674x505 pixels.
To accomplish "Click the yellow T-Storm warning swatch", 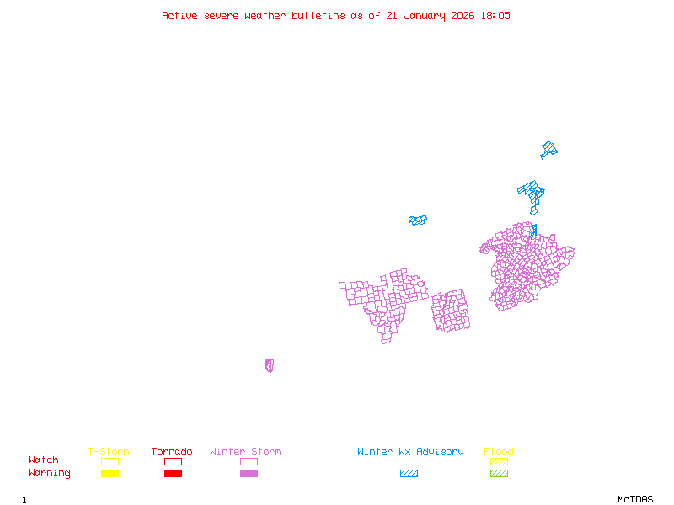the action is pos(110,473).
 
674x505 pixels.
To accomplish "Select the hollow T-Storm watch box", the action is pos(110,461).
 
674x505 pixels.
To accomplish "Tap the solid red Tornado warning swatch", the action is pos(173,473).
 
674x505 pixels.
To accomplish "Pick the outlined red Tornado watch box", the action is pos(173,461).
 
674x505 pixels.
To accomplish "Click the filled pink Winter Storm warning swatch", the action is pos(249,473).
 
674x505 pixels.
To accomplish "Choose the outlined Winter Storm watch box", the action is pos(249,461).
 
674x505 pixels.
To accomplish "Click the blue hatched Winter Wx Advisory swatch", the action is pos(409,473).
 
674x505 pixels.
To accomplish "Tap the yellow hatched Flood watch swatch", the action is pos(499,461).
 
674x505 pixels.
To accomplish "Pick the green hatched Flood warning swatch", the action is pos(499,473).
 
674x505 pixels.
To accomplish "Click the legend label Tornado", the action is pos(172,451).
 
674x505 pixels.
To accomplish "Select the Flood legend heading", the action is pos(498,451).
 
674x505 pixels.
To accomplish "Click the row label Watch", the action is pos(44,460).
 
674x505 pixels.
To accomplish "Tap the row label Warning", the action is pos(50,473).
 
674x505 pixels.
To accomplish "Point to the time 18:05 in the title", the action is pos(495,15).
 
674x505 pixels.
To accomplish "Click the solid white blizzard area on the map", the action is pos(404,224).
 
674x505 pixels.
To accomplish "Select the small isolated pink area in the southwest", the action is pos(269,365).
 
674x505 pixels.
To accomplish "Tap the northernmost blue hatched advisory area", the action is pos(549,151).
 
